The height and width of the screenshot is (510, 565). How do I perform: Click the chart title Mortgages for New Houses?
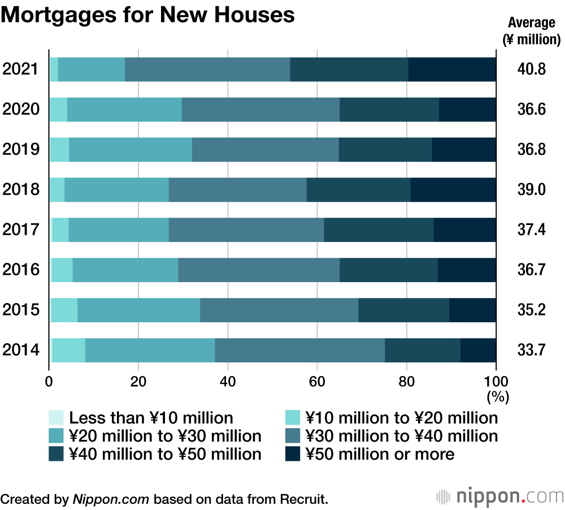148,15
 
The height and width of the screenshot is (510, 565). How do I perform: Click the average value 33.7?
531,350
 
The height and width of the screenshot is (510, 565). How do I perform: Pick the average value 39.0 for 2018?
531,189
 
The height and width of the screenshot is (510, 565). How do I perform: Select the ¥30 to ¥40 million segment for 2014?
299,350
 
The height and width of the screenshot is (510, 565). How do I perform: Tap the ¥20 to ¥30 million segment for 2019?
130,149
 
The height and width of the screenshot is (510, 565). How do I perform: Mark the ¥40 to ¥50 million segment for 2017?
379,230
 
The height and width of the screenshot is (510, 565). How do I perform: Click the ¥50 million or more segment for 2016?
467,270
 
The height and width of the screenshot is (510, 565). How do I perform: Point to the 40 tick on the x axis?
228,382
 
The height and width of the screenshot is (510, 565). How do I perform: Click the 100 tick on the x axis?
496,382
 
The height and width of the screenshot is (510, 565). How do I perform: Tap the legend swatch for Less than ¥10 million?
56,418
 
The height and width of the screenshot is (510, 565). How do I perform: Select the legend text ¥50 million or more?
380,453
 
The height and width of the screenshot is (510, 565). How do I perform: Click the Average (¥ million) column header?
531,31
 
